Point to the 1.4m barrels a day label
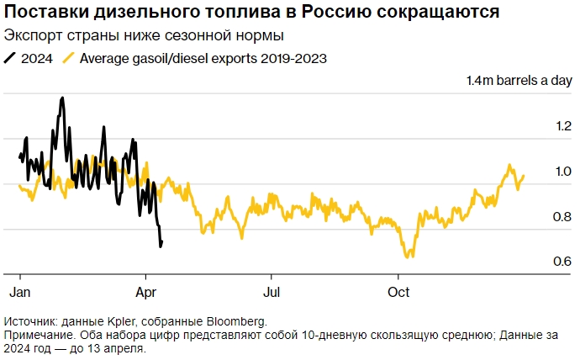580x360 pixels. coord(519,81)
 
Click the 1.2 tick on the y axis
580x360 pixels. coord(562,127)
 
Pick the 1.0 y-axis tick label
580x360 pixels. coord(562,172)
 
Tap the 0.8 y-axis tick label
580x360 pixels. coord(562,218)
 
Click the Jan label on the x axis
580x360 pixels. coord(19,292)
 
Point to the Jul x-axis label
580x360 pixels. coord(272,292)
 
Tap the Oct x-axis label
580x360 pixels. coord(398,292)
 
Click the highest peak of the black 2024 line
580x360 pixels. coord(62,98)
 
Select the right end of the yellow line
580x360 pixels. coord(524,176)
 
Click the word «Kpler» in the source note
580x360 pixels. coord(118,321)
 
